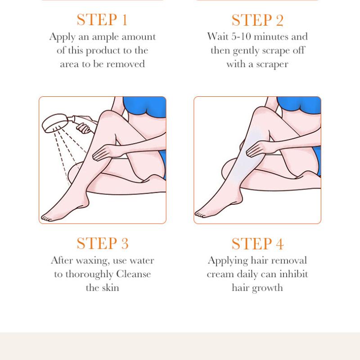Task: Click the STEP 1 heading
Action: pyautogui.click(x=102, y=20)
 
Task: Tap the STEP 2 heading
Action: pyautogui.click(x=257, y=20)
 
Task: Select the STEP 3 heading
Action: pyautogui.click(x=102, y=243)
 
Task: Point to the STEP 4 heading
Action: pyautogui.click(x=257, y=243)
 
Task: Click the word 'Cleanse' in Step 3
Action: pyautogui.click(x=134, y=274)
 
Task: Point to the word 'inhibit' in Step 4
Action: pyautogui.click(x=292, y=274)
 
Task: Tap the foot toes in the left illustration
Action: pyautogui.click(x=45, y=217)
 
